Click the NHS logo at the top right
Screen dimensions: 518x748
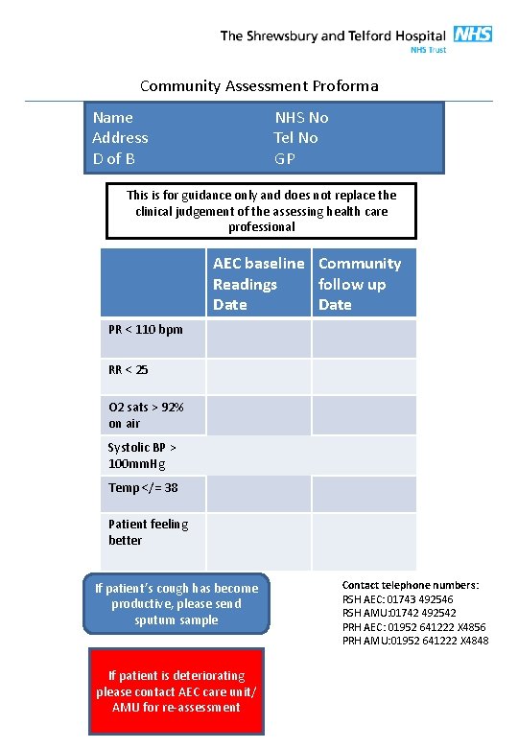tap(472, 35)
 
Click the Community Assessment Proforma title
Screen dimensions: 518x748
tap(259, 86)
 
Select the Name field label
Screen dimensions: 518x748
tap(112, 117)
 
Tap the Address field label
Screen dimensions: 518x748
tap(120, 137)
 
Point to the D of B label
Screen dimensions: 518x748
tap(113, 157)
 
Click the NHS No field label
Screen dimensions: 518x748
tap(301, 117)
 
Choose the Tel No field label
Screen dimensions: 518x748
tap(295, 137)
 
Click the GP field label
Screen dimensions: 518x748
tap(284, 157)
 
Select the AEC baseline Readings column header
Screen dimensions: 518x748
tap(258, 284)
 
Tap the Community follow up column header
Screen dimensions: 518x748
tap(360, 284)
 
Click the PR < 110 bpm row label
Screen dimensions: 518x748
tap(145, 330)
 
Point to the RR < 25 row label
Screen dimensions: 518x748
tap(129, 369)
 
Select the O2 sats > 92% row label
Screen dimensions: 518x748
tap(146, 415)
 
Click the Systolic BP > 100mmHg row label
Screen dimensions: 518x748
tap(142, 456)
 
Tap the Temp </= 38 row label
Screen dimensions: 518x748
tap(143, 488)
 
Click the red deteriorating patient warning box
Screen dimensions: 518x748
tap(176, 690)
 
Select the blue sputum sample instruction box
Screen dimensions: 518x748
tap(177, 604)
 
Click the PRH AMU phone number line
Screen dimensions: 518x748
tap(415, 641)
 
